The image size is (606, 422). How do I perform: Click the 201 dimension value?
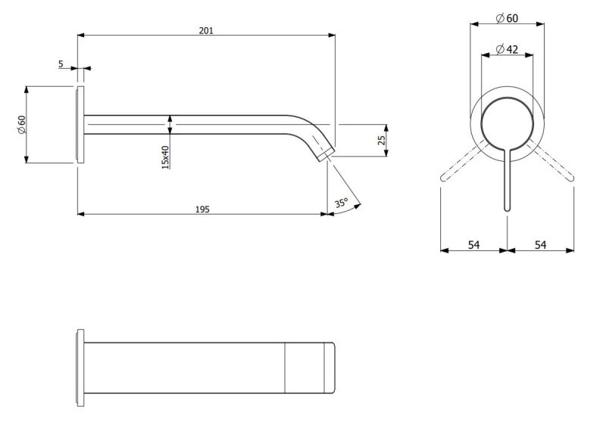206,30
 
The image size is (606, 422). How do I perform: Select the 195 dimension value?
202,209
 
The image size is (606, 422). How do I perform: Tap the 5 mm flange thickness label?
61,64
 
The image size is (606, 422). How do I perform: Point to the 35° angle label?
341,203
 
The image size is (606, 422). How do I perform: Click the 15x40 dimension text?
165,157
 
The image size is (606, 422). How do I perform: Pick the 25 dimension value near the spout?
383,140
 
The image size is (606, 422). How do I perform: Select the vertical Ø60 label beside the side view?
22,124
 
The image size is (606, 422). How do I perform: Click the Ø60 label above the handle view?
508,18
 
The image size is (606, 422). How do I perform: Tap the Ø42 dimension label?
507,49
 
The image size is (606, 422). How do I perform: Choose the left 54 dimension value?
473,244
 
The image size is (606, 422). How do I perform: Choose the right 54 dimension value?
540,244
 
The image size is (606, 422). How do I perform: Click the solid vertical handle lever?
507,182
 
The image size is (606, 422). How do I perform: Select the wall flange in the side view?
80,124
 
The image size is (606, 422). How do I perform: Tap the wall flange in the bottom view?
80,368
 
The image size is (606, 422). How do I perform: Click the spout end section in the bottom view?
309,368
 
